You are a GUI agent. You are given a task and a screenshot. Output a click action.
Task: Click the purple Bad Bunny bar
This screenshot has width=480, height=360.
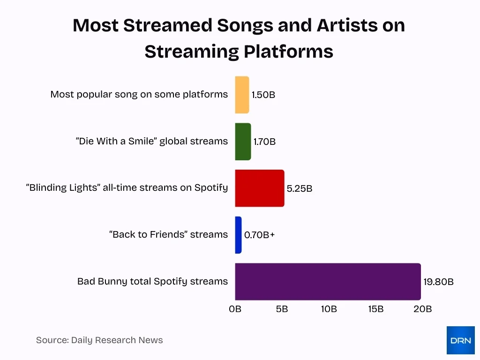click(x=328, y=281)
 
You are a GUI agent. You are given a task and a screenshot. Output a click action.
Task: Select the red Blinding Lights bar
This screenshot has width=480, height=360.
click(x=260, y=188)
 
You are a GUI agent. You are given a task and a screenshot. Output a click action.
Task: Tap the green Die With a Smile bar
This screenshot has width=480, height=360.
click(x=243, y=142)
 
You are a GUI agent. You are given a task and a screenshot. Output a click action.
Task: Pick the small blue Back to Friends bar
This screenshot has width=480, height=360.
click(x=238, y=235)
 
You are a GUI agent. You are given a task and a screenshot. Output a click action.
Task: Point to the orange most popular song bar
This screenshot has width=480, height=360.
click(x=242, y=95)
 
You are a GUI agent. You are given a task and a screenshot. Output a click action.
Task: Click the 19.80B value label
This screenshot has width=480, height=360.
click(x=438, y=282)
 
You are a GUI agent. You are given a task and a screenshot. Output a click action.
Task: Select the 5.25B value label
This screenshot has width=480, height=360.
click(x=300, y=189)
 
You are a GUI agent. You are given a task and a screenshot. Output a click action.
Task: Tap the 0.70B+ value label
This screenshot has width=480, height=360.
click(x=259, y=235)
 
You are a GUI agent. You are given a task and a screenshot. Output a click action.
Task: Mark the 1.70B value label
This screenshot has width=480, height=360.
click(x=265, y=142)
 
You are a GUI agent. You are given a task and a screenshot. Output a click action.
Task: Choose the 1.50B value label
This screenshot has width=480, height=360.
click(x=263, y=95)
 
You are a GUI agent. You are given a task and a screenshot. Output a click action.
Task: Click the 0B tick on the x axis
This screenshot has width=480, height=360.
click(x=235, y=309)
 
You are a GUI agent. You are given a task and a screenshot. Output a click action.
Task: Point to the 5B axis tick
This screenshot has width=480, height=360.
click(x=282, y=309)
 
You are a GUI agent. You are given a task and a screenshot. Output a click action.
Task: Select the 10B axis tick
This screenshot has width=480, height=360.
click(x=329, y=309)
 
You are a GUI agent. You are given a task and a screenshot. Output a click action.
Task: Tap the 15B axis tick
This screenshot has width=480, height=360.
click(x=375, y=309)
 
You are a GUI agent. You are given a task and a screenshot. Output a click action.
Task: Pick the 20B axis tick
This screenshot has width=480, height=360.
click(x=422, y=309)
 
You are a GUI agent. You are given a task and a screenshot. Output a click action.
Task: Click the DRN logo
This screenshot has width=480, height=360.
click(x=460, y=340)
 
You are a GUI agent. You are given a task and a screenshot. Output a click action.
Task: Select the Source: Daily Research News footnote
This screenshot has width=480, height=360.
click(x=99, y=340)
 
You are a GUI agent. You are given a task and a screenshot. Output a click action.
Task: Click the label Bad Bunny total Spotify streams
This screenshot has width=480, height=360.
click(x=152, y=282)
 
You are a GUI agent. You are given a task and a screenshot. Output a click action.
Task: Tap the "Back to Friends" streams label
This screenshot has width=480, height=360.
click(x=168, y=235)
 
